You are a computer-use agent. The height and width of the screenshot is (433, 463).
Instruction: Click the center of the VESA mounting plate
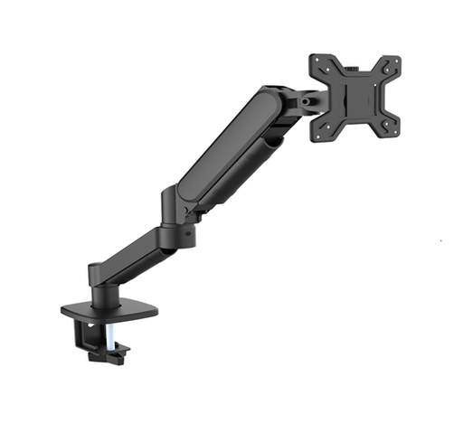(x=354, y=98)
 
